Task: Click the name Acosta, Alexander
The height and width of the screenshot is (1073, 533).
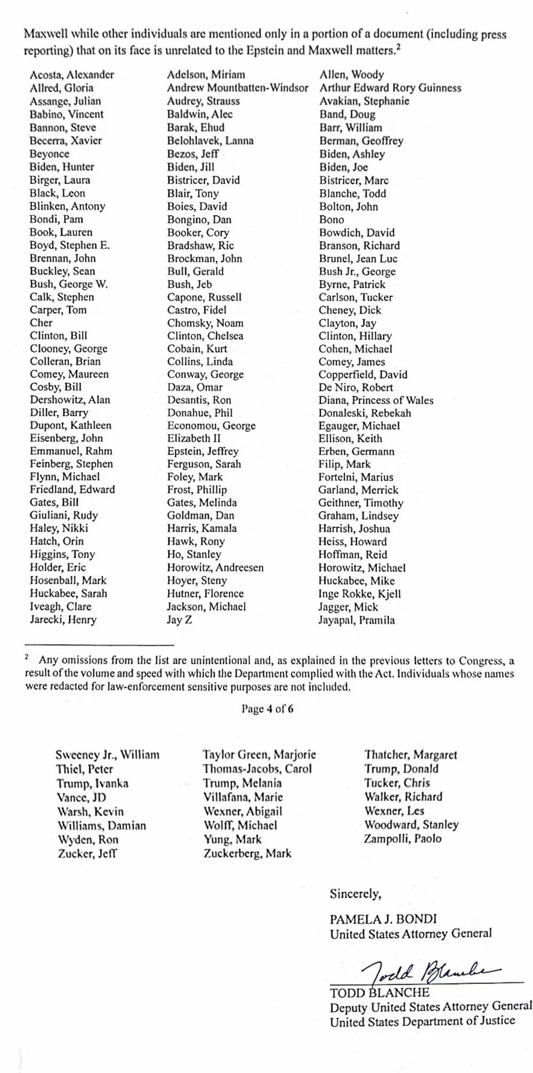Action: point(71,75)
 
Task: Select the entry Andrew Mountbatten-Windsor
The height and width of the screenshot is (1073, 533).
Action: point(237,88)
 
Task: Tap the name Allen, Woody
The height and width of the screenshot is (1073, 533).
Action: point(351,75)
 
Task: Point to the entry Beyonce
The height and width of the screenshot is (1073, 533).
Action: point(49,154)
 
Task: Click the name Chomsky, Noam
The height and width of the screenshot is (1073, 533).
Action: point(205,323)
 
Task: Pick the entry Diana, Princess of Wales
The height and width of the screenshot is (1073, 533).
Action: point(376,400)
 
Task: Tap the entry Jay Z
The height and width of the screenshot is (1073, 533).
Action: point(180,620)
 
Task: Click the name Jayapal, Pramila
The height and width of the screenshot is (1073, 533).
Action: point(357,620)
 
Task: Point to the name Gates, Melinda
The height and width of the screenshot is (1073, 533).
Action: point(201,502)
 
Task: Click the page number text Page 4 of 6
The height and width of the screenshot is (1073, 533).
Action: point(268,709)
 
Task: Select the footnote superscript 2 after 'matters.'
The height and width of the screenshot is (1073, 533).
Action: point(398,48)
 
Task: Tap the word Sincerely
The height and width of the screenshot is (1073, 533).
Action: point(356,893)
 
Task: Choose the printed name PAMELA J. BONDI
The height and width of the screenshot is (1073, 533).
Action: point(383,919)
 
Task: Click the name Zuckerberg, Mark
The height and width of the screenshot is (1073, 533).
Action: point(247,853)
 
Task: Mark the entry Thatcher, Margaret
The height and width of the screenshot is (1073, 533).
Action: point(410,755)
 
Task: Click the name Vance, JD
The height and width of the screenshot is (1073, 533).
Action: point(81,798)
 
